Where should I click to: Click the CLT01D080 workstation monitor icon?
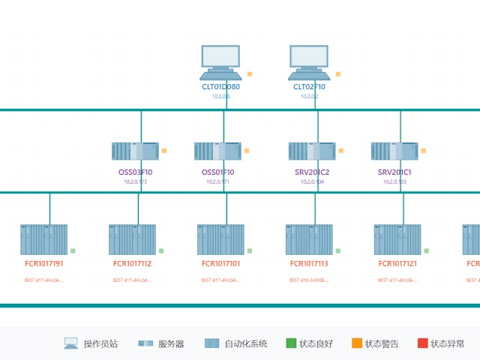pyautogui.click(x=220, y=62)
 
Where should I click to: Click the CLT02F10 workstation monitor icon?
pyautogui.click(x=309, y=62)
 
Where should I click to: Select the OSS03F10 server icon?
pyautogui.click(x=135, y=151)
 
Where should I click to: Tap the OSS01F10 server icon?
pyautogui.click(x=217, y=151)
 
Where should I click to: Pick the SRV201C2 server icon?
pyautogui.click(x=312, y=151)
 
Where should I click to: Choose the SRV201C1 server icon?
pyautogui.click(x=394, y=151)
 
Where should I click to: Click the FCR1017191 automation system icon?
pyautogui.click(x=43, y=240)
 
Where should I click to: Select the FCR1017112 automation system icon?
pyautogui.click(x=132, y=240)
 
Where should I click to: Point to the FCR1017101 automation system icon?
pyautogui.click(x=220, y=240)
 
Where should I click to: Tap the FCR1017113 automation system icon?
pyautogui.click(x=309, y=240)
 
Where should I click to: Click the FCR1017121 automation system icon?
pyautogui.click(x=397, y=240)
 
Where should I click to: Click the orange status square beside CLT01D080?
pyautogui.click(x=250, y=74)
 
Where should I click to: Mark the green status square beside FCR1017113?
pyautogui.click(x=338, y=250)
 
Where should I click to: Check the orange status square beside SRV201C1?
pyautogui.click(x=423, y=151)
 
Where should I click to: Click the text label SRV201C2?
pyautogui.click(x=312, y=172)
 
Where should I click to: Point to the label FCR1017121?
pyautogui.click(x=397, y=264)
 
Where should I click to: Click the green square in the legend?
pyautogui.click(x=292, y=343)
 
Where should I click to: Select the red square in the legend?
pyautogui.click(x=423, y=343)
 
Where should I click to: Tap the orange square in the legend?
pyautogui.click(x=357, y=343)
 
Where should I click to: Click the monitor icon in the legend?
pyautogui.click(x=71, y=343)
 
